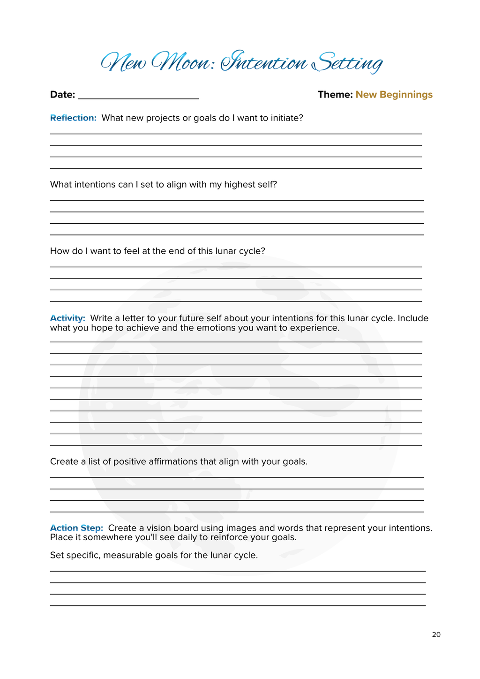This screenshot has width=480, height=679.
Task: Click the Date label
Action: pyautogui.click(x=62, y=95)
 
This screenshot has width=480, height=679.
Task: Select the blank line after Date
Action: pyautogui.click(x=138, y=96)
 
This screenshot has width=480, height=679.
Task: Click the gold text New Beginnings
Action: pyautogui.click(x=394, y=95)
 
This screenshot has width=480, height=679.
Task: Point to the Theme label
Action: pyautogui.click(x=335, y=95)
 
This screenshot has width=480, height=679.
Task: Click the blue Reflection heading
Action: pyautogui.click(x=73, y=118)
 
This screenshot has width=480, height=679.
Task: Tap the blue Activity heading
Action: pyautogui.click(x=67, y=318)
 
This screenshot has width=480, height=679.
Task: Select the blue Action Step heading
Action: pyautogui.click(x=76, y=528)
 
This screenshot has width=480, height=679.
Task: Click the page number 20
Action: pyautogui.click(x=436, y=635)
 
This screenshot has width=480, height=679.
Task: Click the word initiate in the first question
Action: pyautogui.click(x=287, y=118)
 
